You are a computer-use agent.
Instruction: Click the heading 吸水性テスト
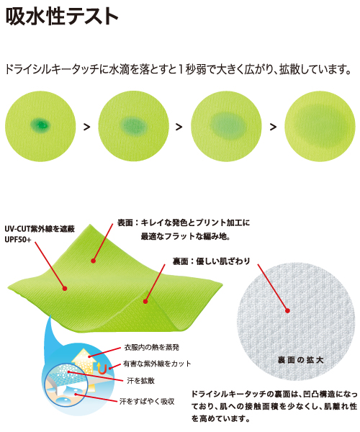[62, 17]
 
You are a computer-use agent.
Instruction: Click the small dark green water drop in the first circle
[40, 125]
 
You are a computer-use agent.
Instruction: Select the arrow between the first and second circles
[87, 127]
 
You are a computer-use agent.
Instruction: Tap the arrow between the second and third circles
[179, 127]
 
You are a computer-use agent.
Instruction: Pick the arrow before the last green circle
[273, 127]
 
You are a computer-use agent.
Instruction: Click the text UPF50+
[18, 240]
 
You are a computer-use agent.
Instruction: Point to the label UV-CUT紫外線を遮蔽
[40, 229]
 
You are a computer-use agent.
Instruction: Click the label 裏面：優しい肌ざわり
[211, 261]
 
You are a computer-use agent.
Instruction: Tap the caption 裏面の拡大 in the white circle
[300, 360]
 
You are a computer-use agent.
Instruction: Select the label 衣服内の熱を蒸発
[152, 348]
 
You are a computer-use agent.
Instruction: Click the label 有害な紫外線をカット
[157, 364]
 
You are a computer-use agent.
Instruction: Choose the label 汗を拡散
[140, 381]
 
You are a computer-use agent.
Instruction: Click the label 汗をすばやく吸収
[147, 402]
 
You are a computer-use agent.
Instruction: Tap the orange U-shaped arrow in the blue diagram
[101, 369]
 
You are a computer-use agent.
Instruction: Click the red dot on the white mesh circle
[287, 311]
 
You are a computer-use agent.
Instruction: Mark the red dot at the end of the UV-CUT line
[65, 289]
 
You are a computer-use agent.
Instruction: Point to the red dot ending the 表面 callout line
[94, 261]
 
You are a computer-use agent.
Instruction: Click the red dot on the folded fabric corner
[145, 302]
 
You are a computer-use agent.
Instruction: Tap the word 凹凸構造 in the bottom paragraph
[319, 395]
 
